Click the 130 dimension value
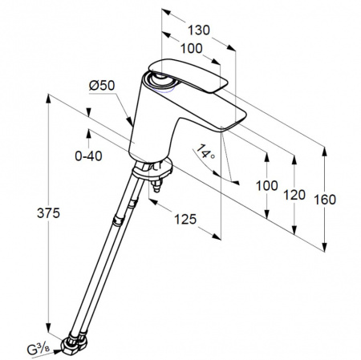coord(199,30)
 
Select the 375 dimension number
coord(48,213)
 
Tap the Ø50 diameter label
coord(102,85)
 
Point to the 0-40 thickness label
coord(88,156)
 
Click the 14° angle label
coord(205,152)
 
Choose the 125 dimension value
coord(185,219)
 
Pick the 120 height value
coord(294,195)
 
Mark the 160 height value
coord(325,200)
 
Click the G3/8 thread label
coord(38,349)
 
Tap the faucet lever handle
coord(188,76)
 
